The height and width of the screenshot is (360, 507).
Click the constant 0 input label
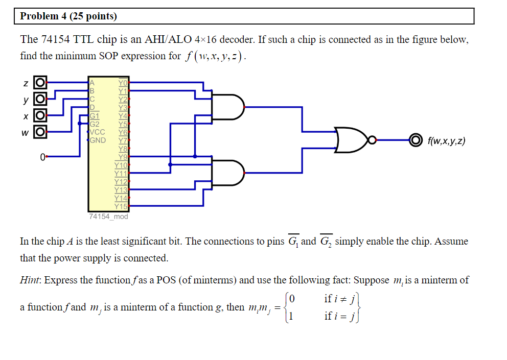tap(43, 157)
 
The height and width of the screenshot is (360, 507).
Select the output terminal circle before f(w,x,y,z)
tap(416, 139)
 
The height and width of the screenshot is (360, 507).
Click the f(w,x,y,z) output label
tap(446, 140)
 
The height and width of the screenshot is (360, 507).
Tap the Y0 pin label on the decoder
tap(123, 82)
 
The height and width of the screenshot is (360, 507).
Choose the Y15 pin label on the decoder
tap(121, 206)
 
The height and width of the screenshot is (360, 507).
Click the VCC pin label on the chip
tap(97, 132)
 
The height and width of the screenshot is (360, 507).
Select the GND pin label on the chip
tap(98, 140)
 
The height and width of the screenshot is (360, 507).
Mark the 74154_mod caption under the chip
tap(108, 217)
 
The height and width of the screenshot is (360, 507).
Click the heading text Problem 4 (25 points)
tap(68, 16)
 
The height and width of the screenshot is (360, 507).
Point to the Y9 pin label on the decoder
tap(123, 157)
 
